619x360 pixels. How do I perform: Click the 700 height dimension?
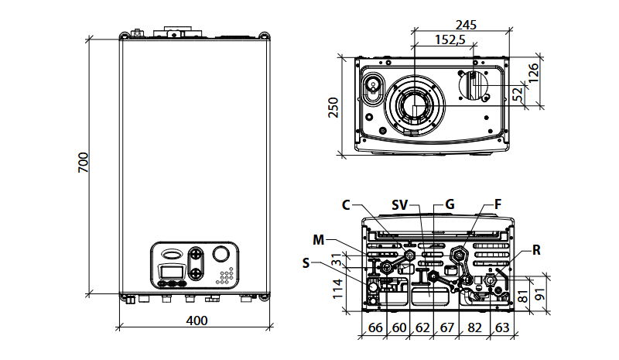click(x=84, y=163)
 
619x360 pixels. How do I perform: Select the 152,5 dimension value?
click(x=449, y=40)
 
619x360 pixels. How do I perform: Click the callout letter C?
click(x=346, y=205)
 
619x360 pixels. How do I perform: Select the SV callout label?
click(x=399, y=205)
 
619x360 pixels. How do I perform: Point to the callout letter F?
click(x=498, y=204)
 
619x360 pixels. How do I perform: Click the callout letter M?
click(x=319, y=238)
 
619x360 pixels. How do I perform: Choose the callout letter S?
click(x=306, y=264)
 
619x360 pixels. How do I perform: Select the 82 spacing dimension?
click(x=474, y=328)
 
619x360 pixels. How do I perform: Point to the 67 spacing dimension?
click(x=447, y=328)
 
